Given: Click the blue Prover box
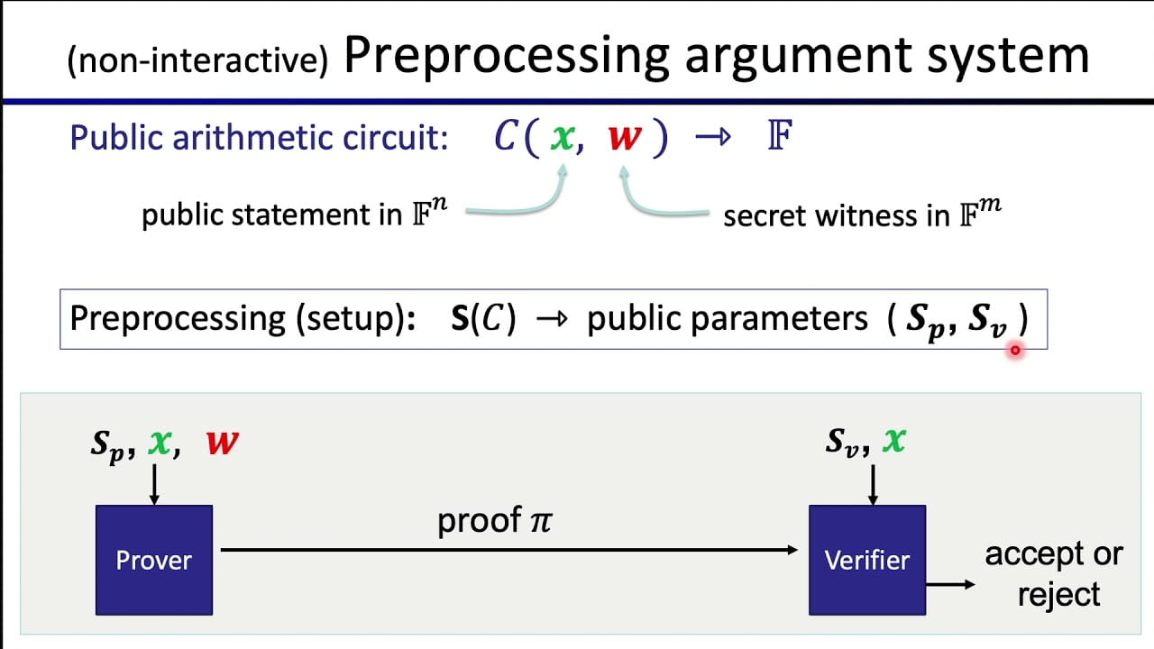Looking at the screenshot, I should tap(154, 560).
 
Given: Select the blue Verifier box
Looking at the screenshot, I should tap(866, 560).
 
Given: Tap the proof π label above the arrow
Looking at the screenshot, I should tap(494, 521).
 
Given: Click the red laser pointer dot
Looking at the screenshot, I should tap(1015, 351).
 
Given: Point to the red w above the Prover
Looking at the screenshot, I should tap(223, 443).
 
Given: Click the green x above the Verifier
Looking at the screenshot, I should tap(893, 440).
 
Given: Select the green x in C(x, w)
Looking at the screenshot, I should tap(563, 137).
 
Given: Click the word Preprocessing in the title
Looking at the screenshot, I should tap(506, 56).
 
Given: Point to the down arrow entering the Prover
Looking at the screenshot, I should tap(154, 483).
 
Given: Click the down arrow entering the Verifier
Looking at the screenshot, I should tap(871, 483).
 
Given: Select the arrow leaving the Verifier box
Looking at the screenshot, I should tap(950, 584).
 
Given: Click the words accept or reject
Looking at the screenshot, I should tap(1054, 574).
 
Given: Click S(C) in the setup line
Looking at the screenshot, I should tap(483, 319).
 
